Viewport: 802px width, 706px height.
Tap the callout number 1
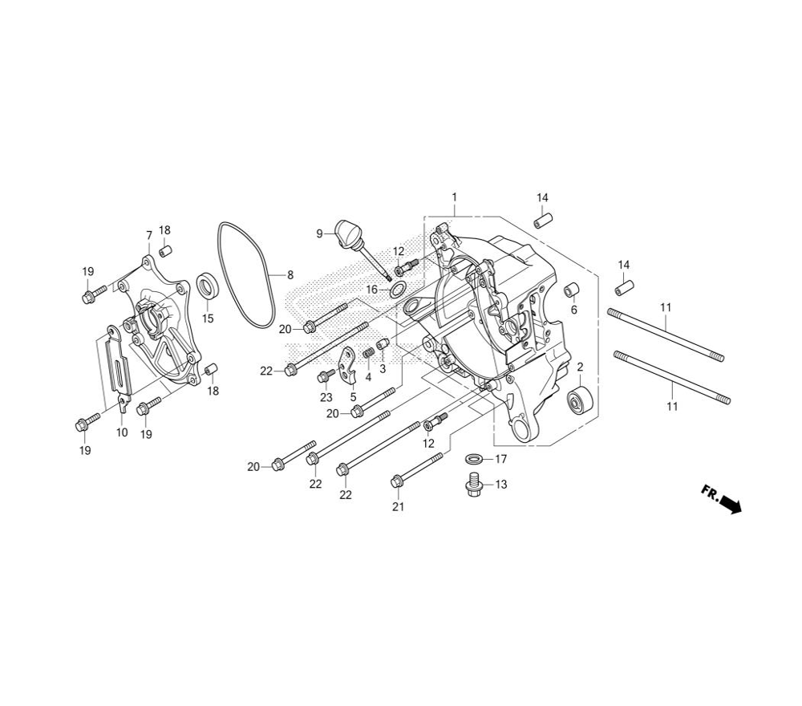[454, 197]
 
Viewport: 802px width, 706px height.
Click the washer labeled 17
[475, 458]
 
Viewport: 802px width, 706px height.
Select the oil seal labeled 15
[208, 286]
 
